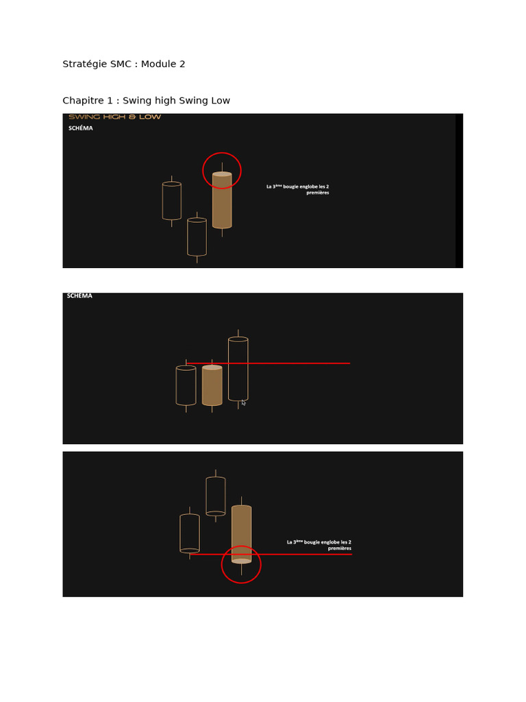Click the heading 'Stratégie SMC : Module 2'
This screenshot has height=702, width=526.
tap(124, 64)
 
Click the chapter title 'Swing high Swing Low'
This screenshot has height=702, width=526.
tap(146, 101)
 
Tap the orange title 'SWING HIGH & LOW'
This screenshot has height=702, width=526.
tap(114, 117)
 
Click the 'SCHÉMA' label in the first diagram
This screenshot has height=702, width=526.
tap(80, 128)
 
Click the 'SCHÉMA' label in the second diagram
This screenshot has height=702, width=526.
tap(79, 296)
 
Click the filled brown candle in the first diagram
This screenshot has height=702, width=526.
tap(222, 200)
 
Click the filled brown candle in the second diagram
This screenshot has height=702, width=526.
tap(212, 385)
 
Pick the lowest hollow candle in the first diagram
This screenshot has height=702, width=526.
tap(197, 237)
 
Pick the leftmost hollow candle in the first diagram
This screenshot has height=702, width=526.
tap(172, 201)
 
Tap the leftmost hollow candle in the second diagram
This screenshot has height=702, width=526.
tap(186, 386)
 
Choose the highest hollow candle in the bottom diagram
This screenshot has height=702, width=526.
tap(216, 496)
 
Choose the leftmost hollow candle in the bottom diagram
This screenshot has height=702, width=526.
tap(190, 533)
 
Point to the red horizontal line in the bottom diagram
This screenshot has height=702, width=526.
tap(308, 554)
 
